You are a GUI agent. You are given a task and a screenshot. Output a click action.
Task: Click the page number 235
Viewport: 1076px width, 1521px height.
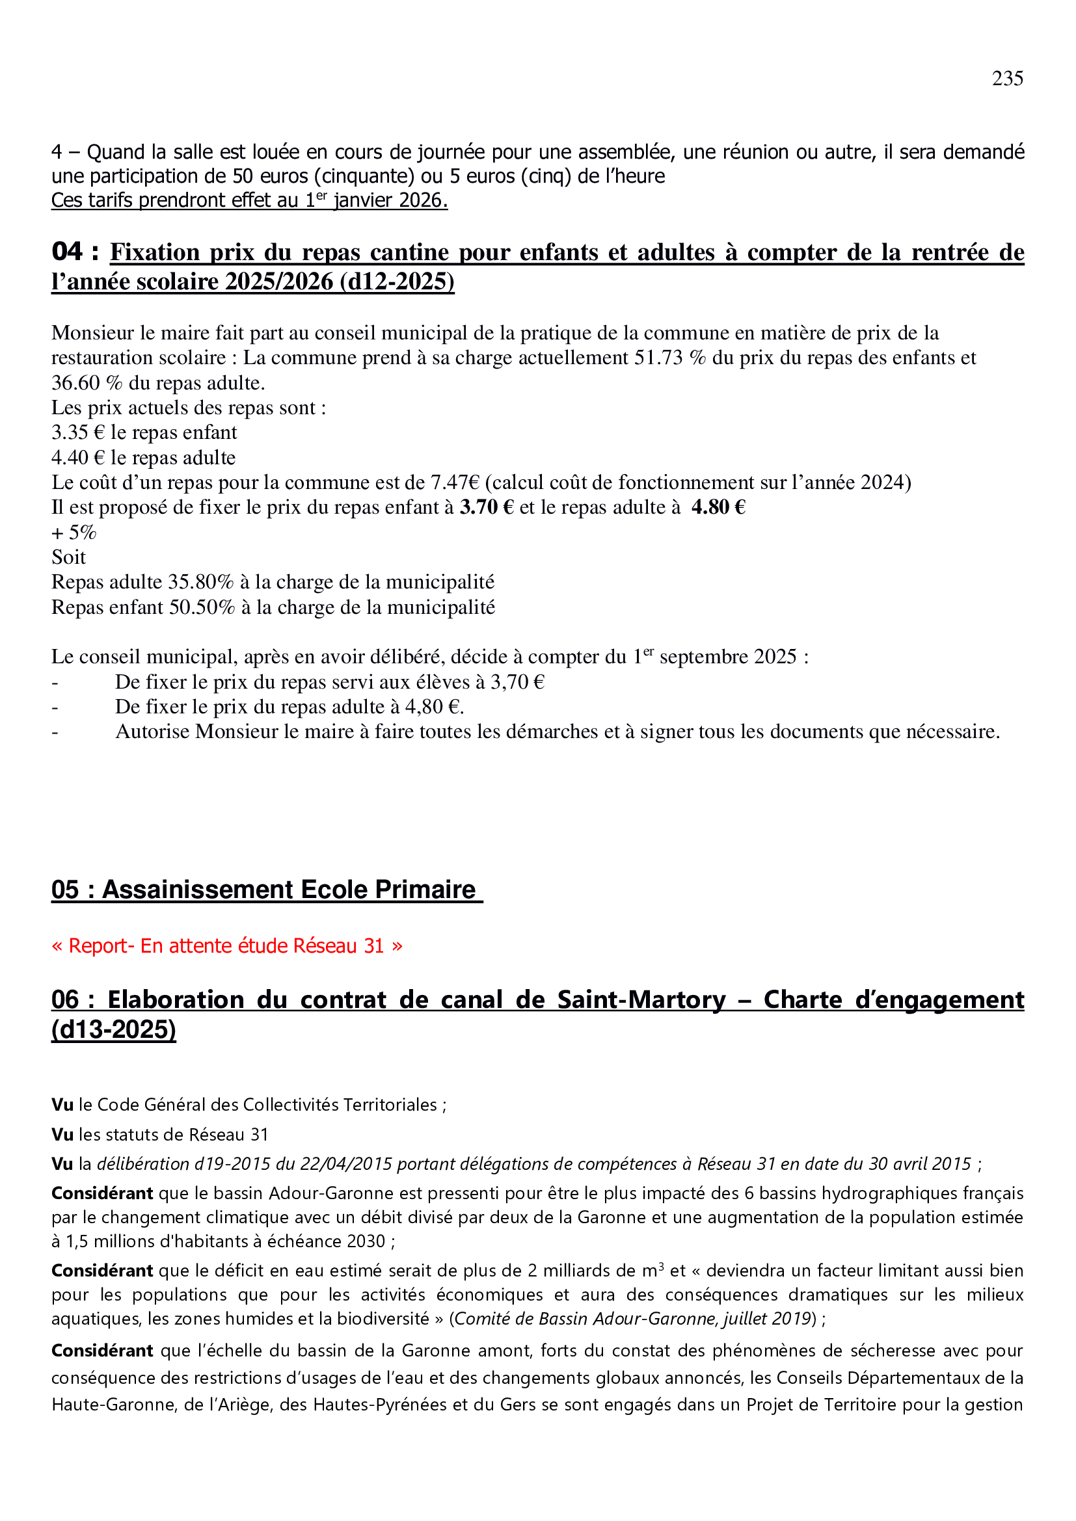tap(1006, 79)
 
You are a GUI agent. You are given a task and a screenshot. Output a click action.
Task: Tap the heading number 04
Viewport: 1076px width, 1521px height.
tap(67, 252)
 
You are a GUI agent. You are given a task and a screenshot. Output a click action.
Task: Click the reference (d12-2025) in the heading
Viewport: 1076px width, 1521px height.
tap(397, 282)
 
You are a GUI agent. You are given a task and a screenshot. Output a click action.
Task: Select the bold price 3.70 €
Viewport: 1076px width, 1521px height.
tap(487, 507)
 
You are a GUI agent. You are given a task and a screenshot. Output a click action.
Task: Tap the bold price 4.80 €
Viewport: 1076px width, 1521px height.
tap(718, 507)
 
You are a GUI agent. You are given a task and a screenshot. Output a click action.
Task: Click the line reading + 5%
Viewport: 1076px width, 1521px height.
tap(74, 533)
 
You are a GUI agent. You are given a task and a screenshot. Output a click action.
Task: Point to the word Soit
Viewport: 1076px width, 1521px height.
tap(69, 557)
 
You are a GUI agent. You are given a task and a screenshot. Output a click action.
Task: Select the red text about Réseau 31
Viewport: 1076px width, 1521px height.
tap(226, 946)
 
